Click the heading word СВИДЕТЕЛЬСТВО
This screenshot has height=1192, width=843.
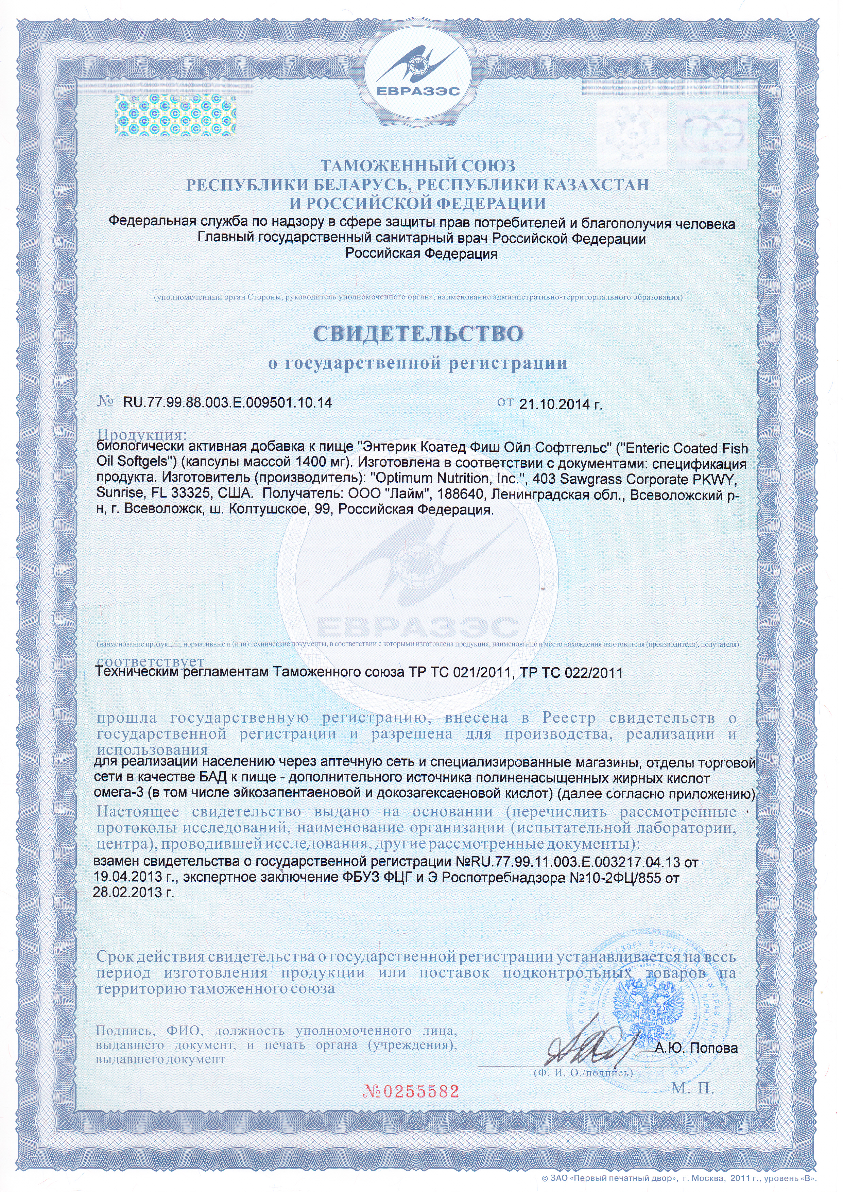[418, 334]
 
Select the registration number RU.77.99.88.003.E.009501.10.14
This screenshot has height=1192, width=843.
[227, 402]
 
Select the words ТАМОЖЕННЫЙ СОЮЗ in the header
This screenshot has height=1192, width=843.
[418, 166]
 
